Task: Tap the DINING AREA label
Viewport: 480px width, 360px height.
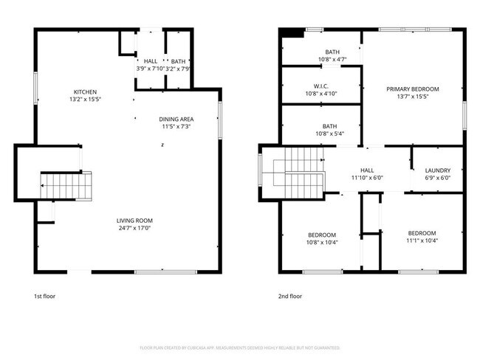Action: [176, 119]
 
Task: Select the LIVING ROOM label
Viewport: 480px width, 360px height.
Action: [134, 221]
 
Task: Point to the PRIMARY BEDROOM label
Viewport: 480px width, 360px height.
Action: [412, 89]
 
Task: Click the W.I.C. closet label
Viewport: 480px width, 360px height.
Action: [321, 86]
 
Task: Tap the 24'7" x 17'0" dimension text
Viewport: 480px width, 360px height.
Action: [134, 228]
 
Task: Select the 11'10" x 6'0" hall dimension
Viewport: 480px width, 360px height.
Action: [366, 177]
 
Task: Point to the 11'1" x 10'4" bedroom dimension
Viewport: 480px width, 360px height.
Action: [422, 240]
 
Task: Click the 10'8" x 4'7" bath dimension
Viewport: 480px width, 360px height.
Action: [332, 59]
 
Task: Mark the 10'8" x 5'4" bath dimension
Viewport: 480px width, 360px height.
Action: [330, 134]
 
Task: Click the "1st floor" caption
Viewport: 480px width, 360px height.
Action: [44, 296]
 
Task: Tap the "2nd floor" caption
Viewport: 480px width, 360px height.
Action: [290, 296]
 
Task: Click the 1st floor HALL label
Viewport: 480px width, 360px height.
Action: [150, 61]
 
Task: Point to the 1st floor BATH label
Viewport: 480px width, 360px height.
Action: [178, 61]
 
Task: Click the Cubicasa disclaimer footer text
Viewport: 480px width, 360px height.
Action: [239, 347]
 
